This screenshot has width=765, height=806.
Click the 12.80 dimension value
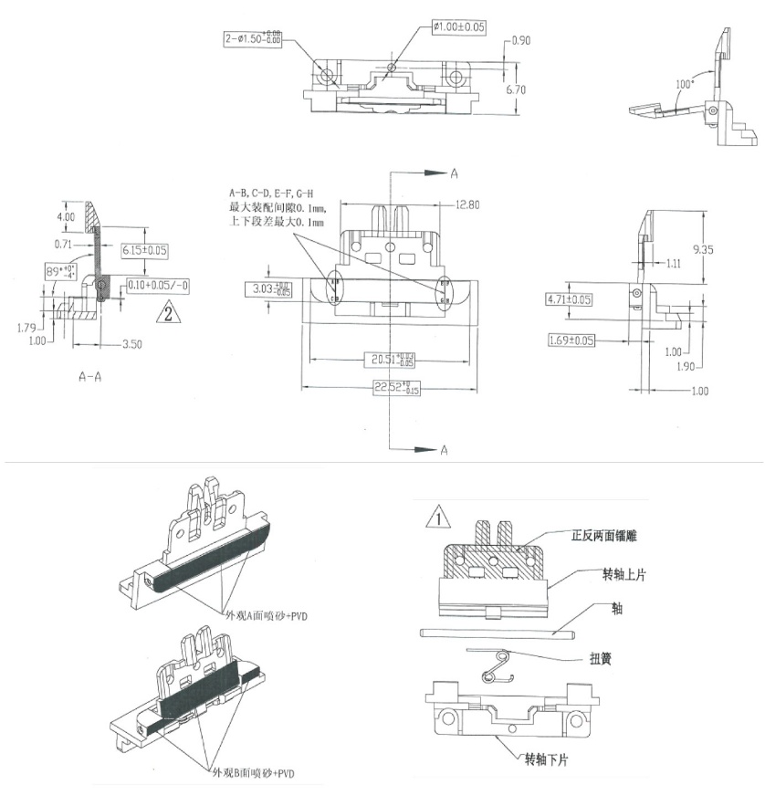coord(467,205)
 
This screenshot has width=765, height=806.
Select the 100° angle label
coord(685,85)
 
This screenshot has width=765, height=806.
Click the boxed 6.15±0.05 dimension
coord(144,250)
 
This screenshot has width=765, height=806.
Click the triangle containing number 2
coord(168,315)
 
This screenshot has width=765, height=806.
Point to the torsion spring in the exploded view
coord(494,665)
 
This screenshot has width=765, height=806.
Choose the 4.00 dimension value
coord(66,216)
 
